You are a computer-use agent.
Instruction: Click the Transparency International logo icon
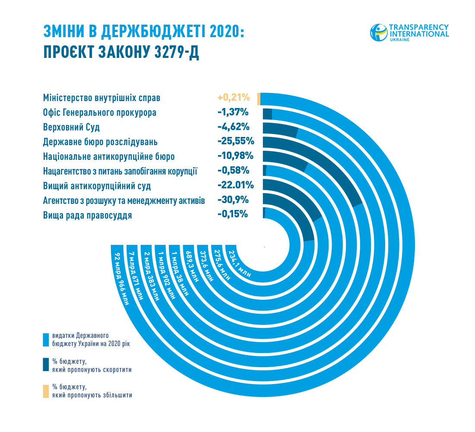coord(379,33)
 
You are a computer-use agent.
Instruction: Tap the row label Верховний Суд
coord(72,127)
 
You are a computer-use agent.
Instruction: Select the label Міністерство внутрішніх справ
coord(101,98)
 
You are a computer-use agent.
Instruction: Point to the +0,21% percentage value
coord(234,98)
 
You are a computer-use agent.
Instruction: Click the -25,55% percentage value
coord(236,142)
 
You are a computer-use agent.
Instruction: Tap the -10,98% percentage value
coord(236,156)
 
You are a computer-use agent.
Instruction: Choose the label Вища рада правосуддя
coord(88,216)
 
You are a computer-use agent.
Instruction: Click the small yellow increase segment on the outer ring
coord(259,98)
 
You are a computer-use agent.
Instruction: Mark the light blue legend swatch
coord(46,340)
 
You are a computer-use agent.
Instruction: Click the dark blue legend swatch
coord(46,365)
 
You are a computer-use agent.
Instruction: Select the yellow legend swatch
coord(46,391)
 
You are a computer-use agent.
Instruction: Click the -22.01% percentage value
coord(236,186)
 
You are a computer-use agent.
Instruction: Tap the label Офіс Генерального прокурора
coord(100,113)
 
